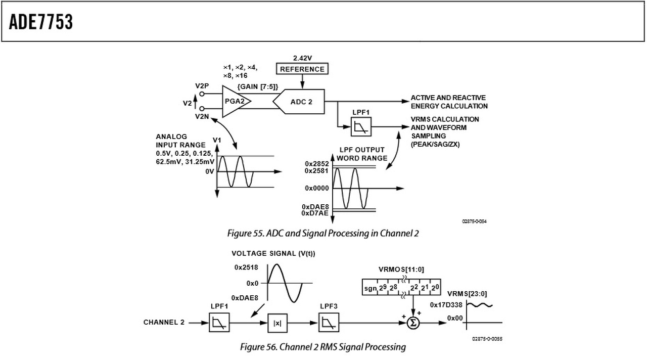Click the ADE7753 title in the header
[41, 22]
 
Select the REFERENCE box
[302, 69]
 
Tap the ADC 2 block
[300, 102]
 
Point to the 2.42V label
[302, 58]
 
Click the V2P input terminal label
[202, 86]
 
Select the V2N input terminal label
[202, 116]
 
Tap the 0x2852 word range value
[316, 164]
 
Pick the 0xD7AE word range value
[315, 213]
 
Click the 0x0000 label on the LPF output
[316, 188]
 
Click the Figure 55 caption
[322, 233]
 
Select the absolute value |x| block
[278, 323]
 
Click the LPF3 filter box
[329, 323]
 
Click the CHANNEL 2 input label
[164, 323]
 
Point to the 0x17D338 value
[446, 305]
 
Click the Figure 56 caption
[322, 347]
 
